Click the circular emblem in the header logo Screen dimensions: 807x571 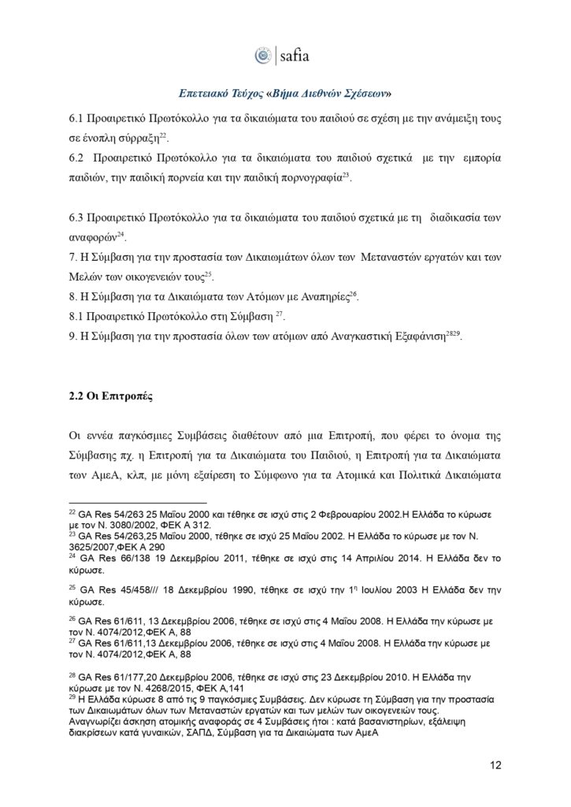(x=263, y=56)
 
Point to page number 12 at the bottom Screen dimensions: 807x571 (x=495, y=764)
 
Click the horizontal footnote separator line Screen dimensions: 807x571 (x=137, y=501)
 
